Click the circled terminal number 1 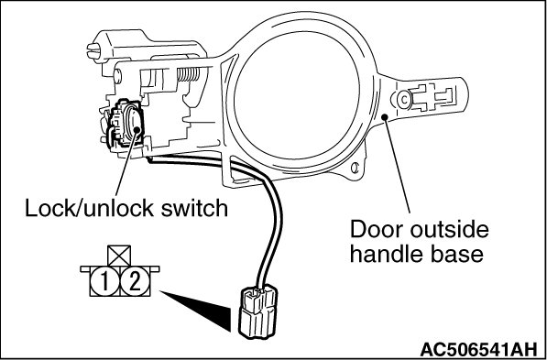point(104,282)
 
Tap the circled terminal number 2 point(135,282)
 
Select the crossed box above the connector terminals point(119,256)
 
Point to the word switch point(194,208)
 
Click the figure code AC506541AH point(478,349)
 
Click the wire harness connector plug point(257,312)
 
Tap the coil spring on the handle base point(189,73)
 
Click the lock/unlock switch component point(126,125)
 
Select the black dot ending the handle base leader point(385,117)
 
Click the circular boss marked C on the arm point(404,100)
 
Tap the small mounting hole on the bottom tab point(355,169)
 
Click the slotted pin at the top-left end point(93,51)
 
